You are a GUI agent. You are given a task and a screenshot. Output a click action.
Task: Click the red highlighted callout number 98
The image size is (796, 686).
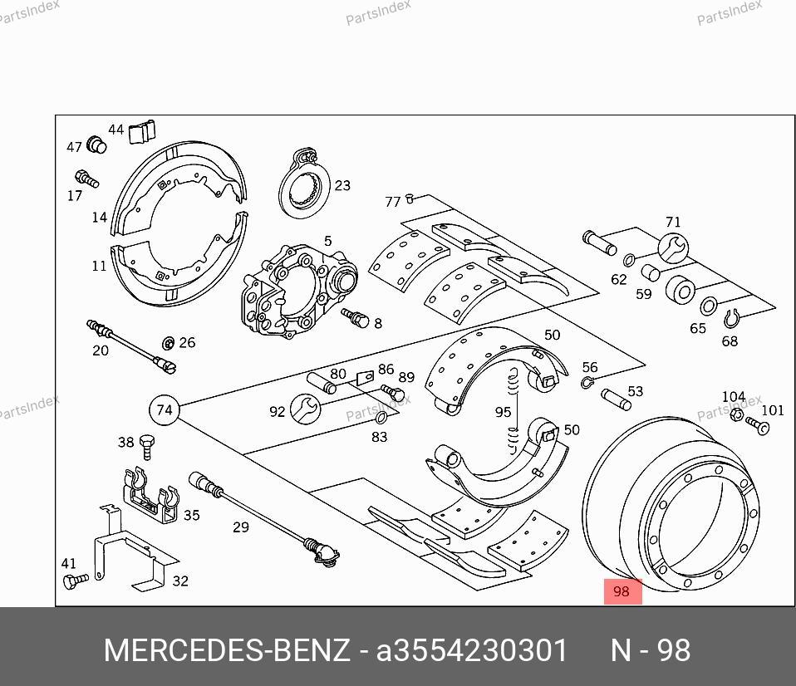tap(622, 591)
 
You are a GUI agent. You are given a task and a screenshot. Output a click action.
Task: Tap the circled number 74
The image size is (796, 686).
tap(165, 410)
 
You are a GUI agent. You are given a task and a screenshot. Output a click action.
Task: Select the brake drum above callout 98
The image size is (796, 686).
tap(670, 504)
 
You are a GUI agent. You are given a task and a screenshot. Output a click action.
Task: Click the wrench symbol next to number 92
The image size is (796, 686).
tap(305, 409)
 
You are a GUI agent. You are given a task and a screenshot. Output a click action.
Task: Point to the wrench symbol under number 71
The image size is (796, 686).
tap(673, 248)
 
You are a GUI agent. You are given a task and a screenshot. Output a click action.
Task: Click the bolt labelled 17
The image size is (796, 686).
tap(86, 179)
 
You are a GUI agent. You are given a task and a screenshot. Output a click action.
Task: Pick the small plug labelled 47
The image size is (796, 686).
tap(96, 145)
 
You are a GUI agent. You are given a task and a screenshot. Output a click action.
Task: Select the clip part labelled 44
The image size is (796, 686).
tap(141, 132)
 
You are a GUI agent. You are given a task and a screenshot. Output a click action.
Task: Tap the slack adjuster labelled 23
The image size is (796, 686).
tap(304, 184)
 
